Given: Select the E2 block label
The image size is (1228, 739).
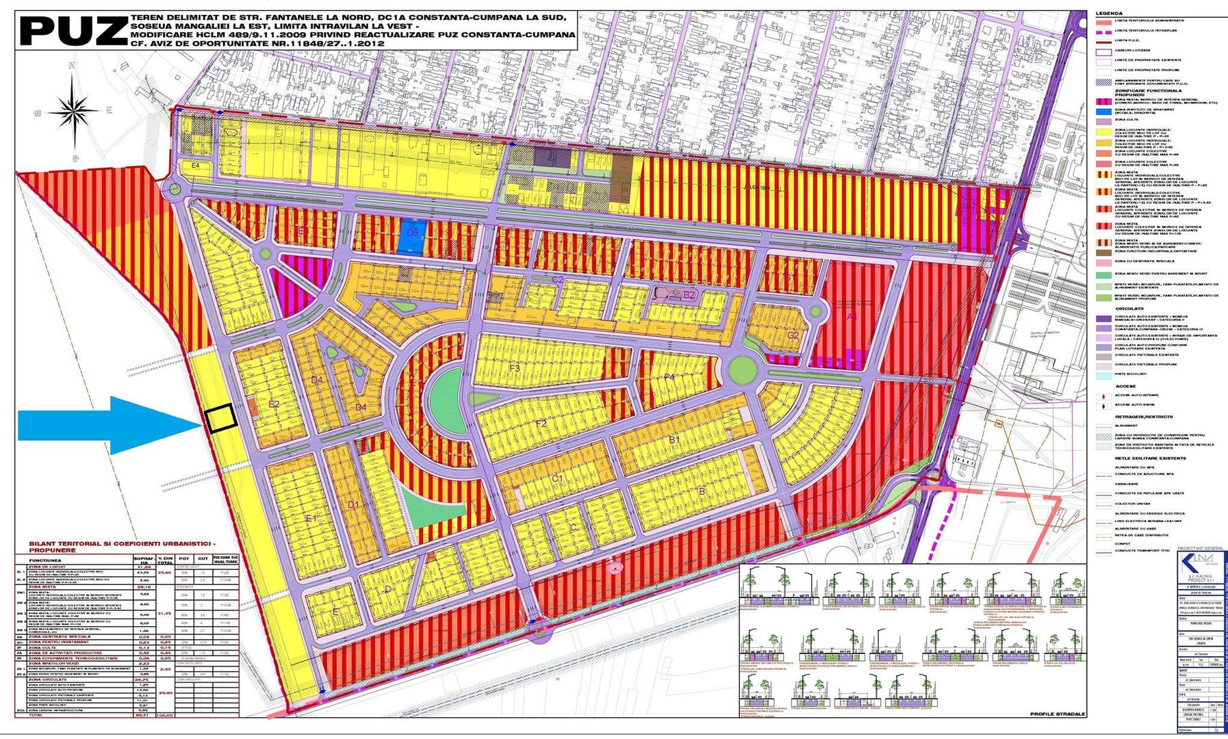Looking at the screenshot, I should pos(274,404).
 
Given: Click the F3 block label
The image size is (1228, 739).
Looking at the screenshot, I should pos(515,368).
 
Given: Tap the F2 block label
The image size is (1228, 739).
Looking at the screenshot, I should pos(541,424).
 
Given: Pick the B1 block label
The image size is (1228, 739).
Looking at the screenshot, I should pos(674,439).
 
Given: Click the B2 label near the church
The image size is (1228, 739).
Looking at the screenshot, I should pos(689,296).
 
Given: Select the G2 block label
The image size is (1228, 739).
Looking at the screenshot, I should pos(793,335).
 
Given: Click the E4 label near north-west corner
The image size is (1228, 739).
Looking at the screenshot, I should pos(195,166).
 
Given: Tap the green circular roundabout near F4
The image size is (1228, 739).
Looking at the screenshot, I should pos(742,370).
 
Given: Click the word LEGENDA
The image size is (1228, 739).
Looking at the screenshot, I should pos(1109,14).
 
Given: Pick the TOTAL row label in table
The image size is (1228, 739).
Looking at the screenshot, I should pos(34,714).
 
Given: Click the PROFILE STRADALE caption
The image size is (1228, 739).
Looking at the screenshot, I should pos(1058,714).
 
